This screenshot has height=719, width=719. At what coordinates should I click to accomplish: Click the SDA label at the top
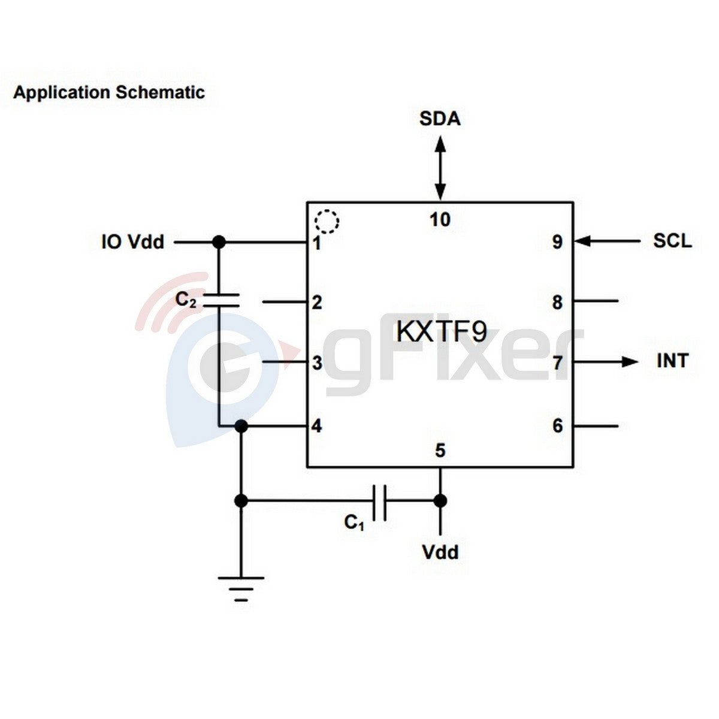(x=440, y=119)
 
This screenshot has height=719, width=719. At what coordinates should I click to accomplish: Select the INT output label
(x=672, y=361)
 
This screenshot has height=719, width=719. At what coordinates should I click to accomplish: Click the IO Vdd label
(x=132, y=242)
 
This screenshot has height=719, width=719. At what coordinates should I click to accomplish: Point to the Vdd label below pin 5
(x=440, y=552)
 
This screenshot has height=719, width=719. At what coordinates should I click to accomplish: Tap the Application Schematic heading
(x=109, y=93)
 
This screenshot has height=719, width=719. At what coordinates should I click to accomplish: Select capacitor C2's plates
(x=219, y=300)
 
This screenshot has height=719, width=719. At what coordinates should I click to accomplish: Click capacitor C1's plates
(x=379, y=500)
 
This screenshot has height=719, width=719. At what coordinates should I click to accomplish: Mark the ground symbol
(x=241, y=588)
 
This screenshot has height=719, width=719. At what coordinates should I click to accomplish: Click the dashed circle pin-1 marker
(x=327, y=222)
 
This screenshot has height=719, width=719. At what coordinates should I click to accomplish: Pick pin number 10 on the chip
(x=440, y=220)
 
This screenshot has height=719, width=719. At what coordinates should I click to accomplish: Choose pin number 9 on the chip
(x=557, y=242)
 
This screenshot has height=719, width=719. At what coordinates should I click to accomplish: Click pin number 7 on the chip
(x=557, y=362)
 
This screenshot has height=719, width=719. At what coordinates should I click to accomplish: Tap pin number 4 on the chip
(x=316, y=426)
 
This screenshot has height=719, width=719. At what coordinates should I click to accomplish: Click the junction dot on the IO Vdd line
(x=219, y=241)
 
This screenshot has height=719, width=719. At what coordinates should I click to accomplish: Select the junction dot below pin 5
(x=440, y=500)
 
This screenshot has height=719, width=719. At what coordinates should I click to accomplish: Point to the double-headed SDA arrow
(x=440, y=168)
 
